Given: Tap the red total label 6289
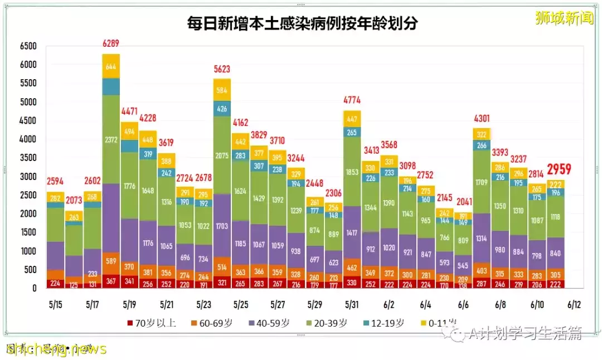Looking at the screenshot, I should pyautogui.click(x=111, y=43).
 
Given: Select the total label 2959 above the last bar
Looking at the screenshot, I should pyautogui.click(x=559, y=169).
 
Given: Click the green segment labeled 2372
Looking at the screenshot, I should pyautogui.click(x=111, y=139).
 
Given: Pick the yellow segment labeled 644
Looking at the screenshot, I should pyautogui.click(x=111, y=66).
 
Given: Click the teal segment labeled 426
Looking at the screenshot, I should pyautogui.click(x=221, y=109).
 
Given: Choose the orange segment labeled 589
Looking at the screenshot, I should pyautogui.click(x=111, y=261).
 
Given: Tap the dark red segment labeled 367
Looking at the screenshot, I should pyautogui.click(x=111, y=281).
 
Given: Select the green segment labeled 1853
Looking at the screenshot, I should pyautogui.click(x=352, y=172).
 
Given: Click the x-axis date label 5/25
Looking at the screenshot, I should pyautogui.click(x=241, y=305).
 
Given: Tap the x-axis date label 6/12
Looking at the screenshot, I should pyautogui.click(x=574, y=305).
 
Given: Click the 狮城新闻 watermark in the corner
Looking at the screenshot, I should pyautogui.click(x=564, y=18).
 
